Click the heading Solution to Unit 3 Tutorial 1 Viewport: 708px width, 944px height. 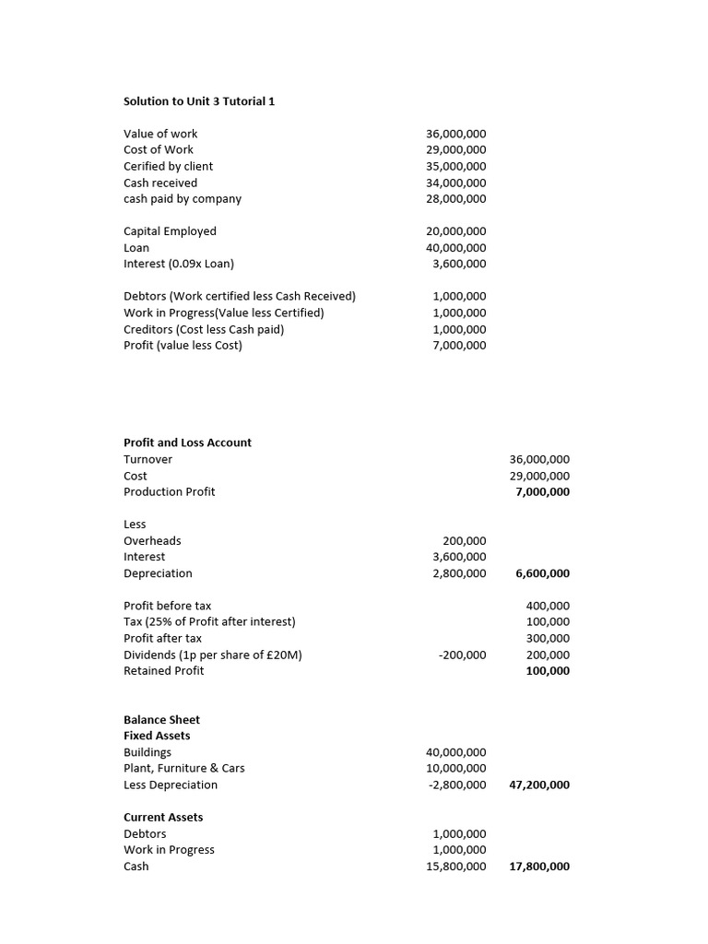199,101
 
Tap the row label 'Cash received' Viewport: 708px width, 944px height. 160,183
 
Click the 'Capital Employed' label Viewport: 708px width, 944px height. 170,231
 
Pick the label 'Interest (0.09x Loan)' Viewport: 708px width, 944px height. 179,264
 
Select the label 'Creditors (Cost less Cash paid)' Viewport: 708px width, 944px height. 204,329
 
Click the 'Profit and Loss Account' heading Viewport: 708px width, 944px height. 187,442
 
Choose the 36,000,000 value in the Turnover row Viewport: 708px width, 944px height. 539,459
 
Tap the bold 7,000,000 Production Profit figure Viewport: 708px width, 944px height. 542,491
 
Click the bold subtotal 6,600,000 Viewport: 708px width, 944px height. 542,573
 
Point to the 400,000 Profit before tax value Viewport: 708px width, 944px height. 547,606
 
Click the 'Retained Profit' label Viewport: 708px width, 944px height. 163,671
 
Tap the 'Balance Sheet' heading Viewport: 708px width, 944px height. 161,720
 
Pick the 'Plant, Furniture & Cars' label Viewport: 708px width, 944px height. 184,768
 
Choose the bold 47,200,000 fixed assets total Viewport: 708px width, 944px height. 539,785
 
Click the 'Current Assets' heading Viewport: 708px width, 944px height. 163,818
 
